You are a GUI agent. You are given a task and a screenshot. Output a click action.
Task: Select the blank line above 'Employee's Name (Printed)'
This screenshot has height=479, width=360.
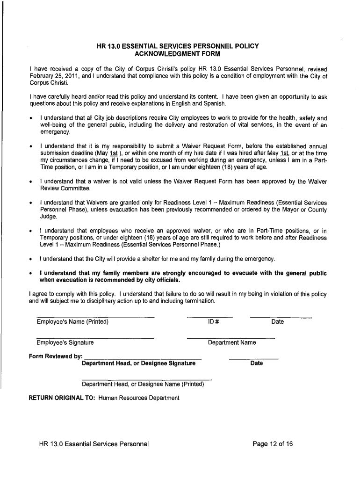tap(95, 318)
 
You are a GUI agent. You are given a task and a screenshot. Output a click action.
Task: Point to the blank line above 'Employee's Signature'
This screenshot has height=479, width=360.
tap(95, 338)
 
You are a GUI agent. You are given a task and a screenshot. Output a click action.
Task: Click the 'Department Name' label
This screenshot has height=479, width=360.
tap(232, 342)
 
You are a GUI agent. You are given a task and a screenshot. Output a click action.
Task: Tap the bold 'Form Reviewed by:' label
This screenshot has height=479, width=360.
tap(56, 356)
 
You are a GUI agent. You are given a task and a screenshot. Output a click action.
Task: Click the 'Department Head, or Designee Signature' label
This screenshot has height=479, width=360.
tap(138, 363)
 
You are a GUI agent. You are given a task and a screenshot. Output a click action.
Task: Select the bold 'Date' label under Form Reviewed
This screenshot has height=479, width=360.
tap(256, 363)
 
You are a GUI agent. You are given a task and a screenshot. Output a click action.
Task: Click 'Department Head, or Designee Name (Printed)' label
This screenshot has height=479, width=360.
tap(143, 384)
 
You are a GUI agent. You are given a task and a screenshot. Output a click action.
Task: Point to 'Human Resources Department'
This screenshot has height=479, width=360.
tap(139, 398)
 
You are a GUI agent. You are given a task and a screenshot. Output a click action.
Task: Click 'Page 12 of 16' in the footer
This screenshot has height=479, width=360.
tap(273, 444)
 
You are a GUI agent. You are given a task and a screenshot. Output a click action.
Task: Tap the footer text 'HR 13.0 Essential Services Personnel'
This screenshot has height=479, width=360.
tap(94, 444)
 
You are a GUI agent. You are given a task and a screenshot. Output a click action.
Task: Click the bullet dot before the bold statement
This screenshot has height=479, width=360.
tap(30, 274)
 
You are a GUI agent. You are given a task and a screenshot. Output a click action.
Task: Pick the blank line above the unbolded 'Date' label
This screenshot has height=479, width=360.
tap(281, 318)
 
